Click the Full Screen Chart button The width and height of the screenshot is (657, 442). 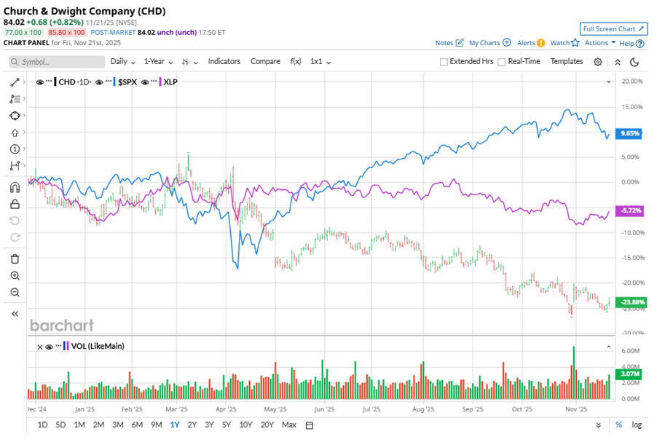tap(613, 28)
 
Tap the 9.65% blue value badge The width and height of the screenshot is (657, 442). tap(629, 134)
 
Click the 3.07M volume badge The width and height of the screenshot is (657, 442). tap(629, 374)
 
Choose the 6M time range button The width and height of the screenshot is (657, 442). tap(137, 425)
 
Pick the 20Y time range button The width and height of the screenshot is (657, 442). tap(267, 425)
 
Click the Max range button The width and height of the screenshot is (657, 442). tap(289, 425)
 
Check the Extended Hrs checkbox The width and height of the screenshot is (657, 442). tap(444, 62)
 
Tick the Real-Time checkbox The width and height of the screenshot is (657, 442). tap(502, 62)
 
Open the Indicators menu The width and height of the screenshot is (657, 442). tap(224, 62)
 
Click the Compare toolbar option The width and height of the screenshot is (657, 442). tap(265, 62)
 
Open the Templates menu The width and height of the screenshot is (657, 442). tap(567, 62)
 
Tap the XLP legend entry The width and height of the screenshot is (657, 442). tap(170, 82)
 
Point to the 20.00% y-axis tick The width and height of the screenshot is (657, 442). tap(632, 82)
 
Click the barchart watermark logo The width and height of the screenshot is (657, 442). tap(61, 325)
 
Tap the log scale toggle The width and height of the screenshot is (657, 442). tap(637, 425)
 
